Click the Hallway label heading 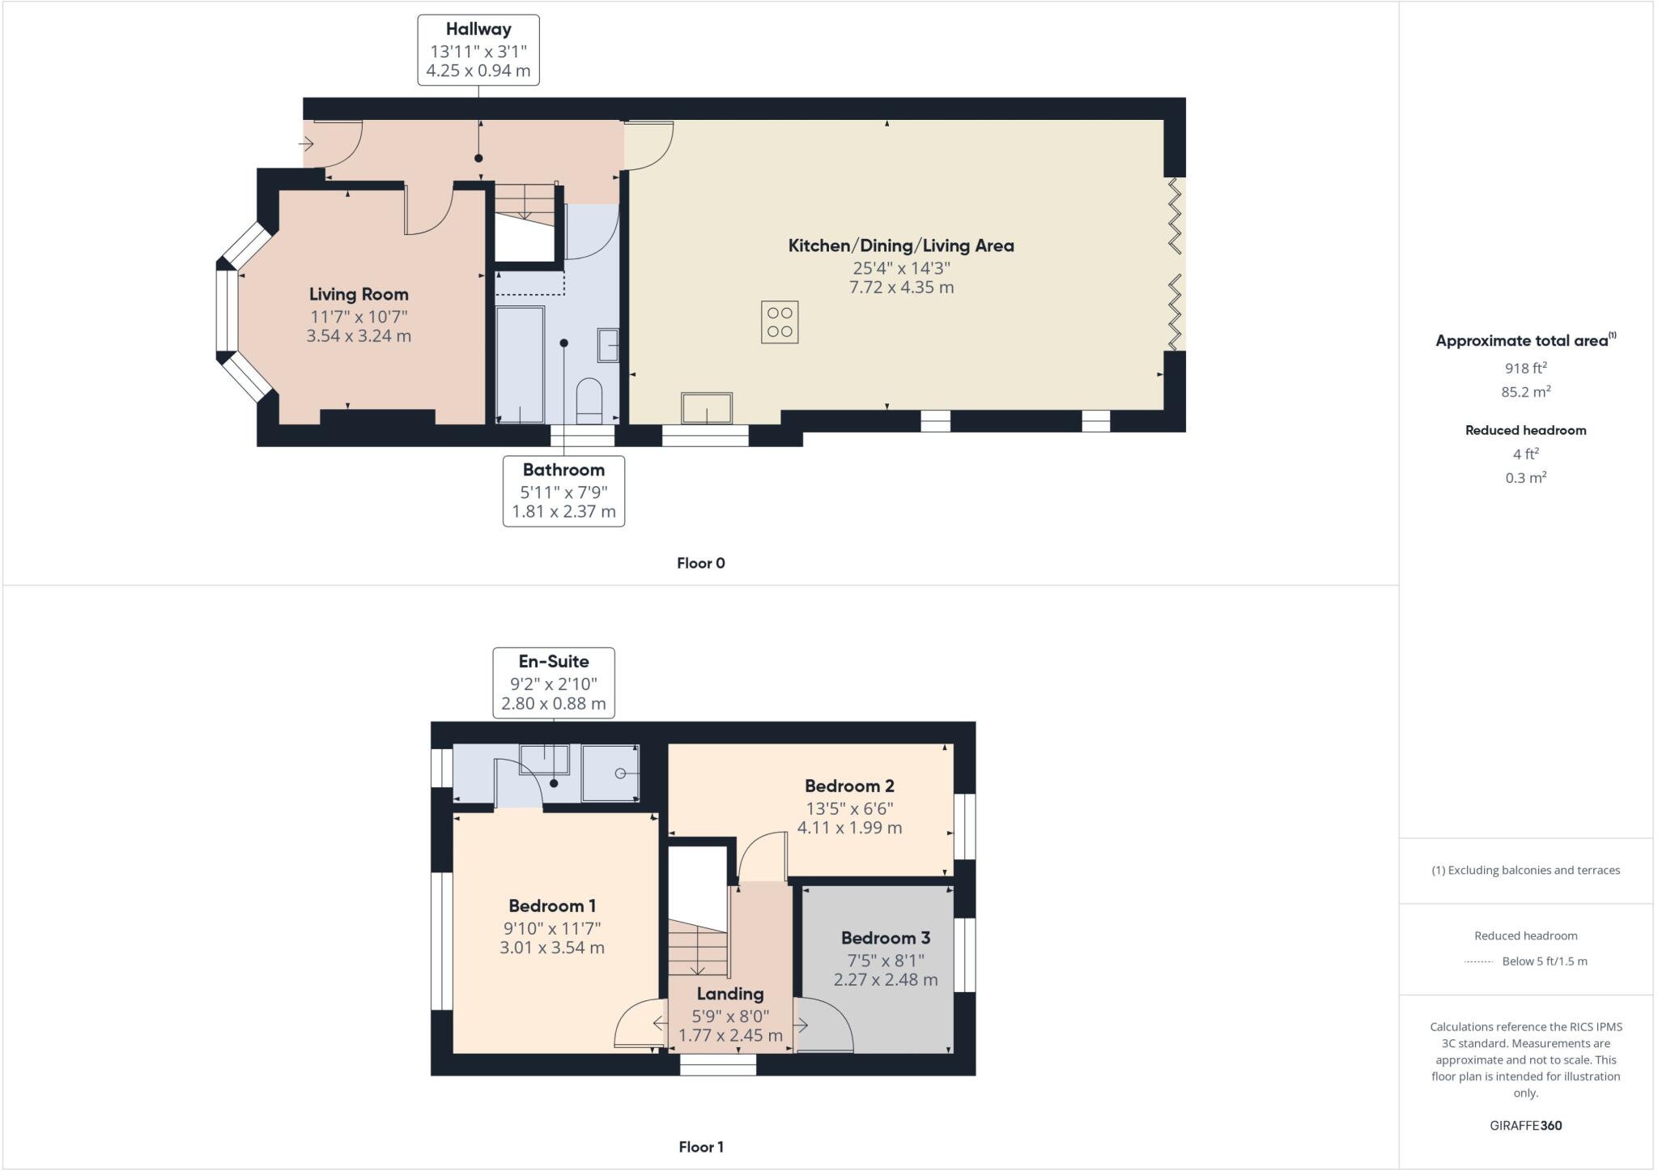click(x=478, y=29)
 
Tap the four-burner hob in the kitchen click(x=780, y=322)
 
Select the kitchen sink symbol click(x=707, y=408)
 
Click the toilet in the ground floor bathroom click(x=589, y=400)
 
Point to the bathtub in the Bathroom click(x=520, y=364)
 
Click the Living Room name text click(x=359, y=294)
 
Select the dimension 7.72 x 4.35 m click(x=901, y=288)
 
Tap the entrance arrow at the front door click(x=306, y=144)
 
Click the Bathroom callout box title click(x=563, y=470)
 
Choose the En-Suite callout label click(x=554, y=661)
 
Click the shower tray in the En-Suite click(x=611, y=774)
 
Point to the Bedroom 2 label click(x=849, y=786)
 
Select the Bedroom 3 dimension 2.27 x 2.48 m click(x=886, y=980)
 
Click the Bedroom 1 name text click(x=552, y=906)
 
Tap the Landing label click(x=730, y=994)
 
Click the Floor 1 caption click(x=701, y=1147)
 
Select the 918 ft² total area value click(x=1525, y=368)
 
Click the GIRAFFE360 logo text click(x=1525, y=1125)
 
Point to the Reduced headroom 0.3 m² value click(x=1525, y=478)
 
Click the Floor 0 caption click(x=701, y=563)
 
